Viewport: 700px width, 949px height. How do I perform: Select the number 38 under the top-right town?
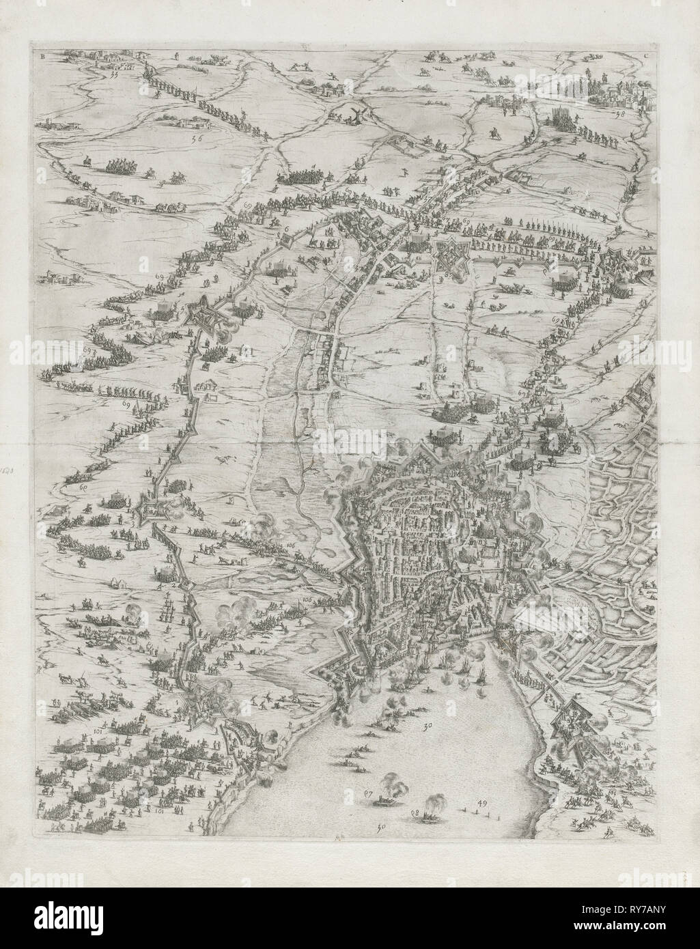click(x=619, y=114)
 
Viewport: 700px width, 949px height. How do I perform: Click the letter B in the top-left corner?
click(x=43, y=57)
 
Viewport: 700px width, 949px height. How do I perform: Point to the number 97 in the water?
click(x=368, y=793)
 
